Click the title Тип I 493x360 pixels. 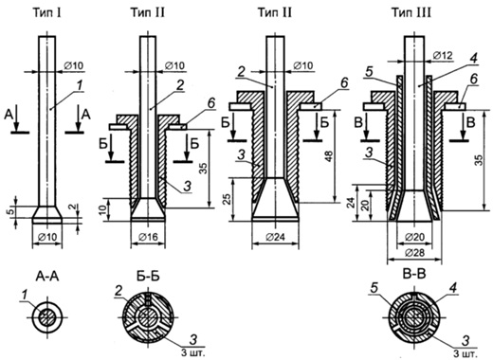46,13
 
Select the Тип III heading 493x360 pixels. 411,13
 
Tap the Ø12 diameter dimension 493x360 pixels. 443,56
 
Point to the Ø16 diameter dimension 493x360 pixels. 148,237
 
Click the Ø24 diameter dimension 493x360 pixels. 275,237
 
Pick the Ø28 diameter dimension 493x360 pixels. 414,253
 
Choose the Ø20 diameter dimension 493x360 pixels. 414,237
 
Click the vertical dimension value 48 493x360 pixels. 329,155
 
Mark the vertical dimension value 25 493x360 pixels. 228,199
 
